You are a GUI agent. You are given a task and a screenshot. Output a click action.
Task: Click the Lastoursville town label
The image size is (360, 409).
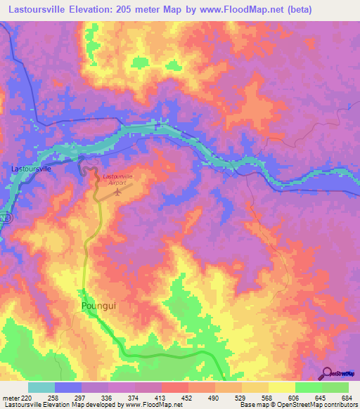(32, 169)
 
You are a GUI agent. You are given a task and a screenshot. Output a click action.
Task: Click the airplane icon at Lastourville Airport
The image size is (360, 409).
(116, 189)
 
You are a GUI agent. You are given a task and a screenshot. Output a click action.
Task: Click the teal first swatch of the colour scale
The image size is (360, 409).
(41, 387)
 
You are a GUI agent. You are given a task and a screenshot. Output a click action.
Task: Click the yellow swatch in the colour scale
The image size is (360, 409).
(283, 387)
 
